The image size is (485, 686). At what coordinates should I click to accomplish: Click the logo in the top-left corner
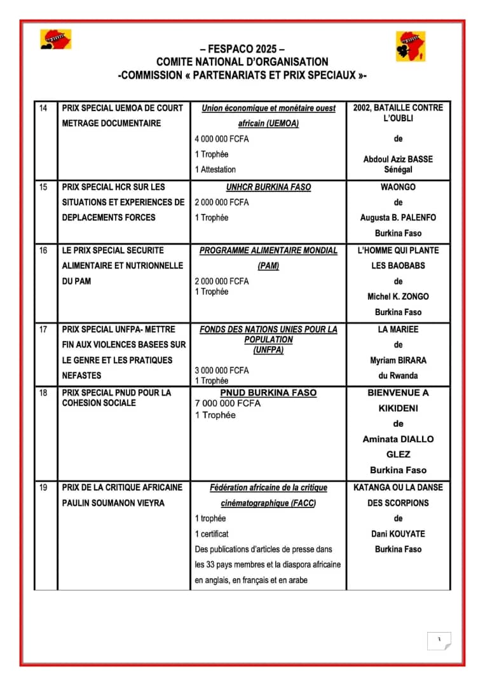[x=56, y=39]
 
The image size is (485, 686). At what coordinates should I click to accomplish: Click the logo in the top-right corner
[x=411, y=46]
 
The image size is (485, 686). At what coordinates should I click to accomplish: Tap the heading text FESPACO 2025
[x=242, y=49]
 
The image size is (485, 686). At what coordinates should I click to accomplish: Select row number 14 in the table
[x=43, y=108]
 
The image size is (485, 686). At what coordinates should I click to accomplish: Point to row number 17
[x=43, y=330]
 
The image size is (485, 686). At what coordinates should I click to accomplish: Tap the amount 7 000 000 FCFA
[x=228, y=403]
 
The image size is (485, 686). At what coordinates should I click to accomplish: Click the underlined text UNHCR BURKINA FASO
[x=268, y=187]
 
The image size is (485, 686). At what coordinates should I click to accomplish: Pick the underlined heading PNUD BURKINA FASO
[x=268, y=393]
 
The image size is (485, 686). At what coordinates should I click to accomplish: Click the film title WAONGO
[x=398, y=187]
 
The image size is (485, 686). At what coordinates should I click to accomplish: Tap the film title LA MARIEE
[x=398, y=330]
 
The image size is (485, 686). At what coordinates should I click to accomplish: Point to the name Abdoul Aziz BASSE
[x=398, y=159]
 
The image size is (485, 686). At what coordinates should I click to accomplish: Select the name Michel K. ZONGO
[x=398, y=297]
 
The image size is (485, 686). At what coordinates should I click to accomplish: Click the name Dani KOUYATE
[x=398, y=534]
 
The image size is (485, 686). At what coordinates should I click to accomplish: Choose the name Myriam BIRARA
[x=398, y=360]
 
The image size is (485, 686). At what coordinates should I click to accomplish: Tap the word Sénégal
[x=398, y=170]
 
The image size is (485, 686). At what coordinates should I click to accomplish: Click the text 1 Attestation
[x=215, y=170]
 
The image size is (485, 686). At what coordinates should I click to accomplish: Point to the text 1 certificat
[x=212, y=534]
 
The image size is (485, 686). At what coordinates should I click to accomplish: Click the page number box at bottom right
[x=439, y=640]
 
